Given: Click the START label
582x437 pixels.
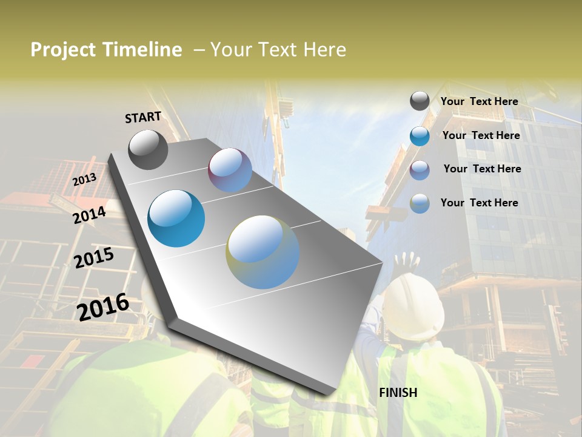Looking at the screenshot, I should [143, 117].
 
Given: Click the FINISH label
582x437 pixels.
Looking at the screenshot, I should [398, 393].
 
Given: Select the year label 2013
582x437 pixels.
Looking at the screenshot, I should [84, 180].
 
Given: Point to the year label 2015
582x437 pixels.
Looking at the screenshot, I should [94, 257].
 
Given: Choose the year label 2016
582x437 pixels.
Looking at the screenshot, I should [103, 307].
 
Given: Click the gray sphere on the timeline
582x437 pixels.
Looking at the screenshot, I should [148, 149].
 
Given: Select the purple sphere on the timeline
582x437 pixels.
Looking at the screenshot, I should [230, 170].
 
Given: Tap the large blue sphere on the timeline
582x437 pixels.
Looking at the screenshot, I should [176, 218].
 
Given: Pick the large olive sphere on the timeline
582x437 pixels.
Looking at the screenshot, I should [263, 252].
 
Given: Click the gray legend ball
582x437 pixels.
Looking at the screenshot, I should [420, 101].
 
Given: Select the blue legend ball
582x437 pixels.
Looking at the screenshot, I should [420, 136].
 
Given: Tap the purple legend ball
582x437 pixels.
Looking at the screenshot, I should [420, 170].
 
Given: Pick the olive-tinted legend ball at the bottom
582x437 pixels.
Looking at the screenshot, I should [420, 203].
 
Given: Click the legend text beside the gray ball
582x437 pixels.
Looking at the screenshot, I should [479, 101].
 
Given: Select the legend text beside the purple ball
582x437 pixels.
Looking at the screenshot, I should [482, 169].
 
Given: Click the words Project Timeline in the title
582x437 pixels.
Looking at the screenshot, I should [106, 50].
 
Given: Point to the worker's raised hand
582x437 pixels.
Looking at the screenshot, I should [406, 262].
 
